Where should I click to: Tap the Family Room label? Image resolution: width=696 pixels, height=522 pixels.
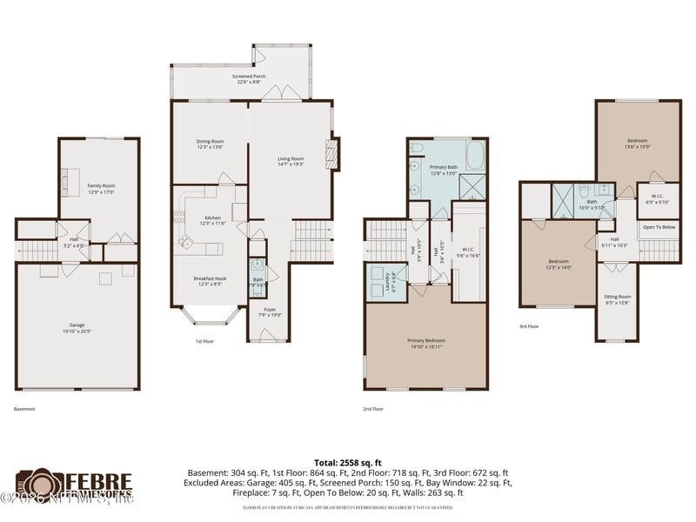[102, 189]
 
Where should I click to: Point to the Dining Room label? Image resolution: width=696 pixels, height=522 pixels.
[210, 144]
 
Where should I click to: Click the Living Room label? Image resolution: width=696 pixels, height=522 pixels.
[291, 161]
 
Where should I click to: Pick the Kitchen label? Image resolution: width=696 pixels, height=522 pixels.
[213, 220]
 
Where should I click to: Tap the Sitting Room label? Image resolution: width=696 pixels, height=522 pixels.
[617, 299]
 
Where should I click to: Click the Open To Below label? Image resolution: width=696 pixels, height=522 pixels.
[659, 227]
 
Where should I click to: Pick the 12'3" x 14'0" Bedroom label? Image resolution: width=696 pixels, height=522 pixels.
[558, 264]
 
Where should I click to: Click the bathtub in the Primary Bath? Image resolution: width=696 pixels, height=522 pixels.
[477, 157]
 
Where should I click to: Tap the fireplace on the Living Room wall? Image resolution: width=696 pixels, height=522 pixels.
[330, 156]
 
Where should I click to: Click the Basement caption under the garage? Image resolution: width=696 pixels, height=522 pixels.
[24, 408]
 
